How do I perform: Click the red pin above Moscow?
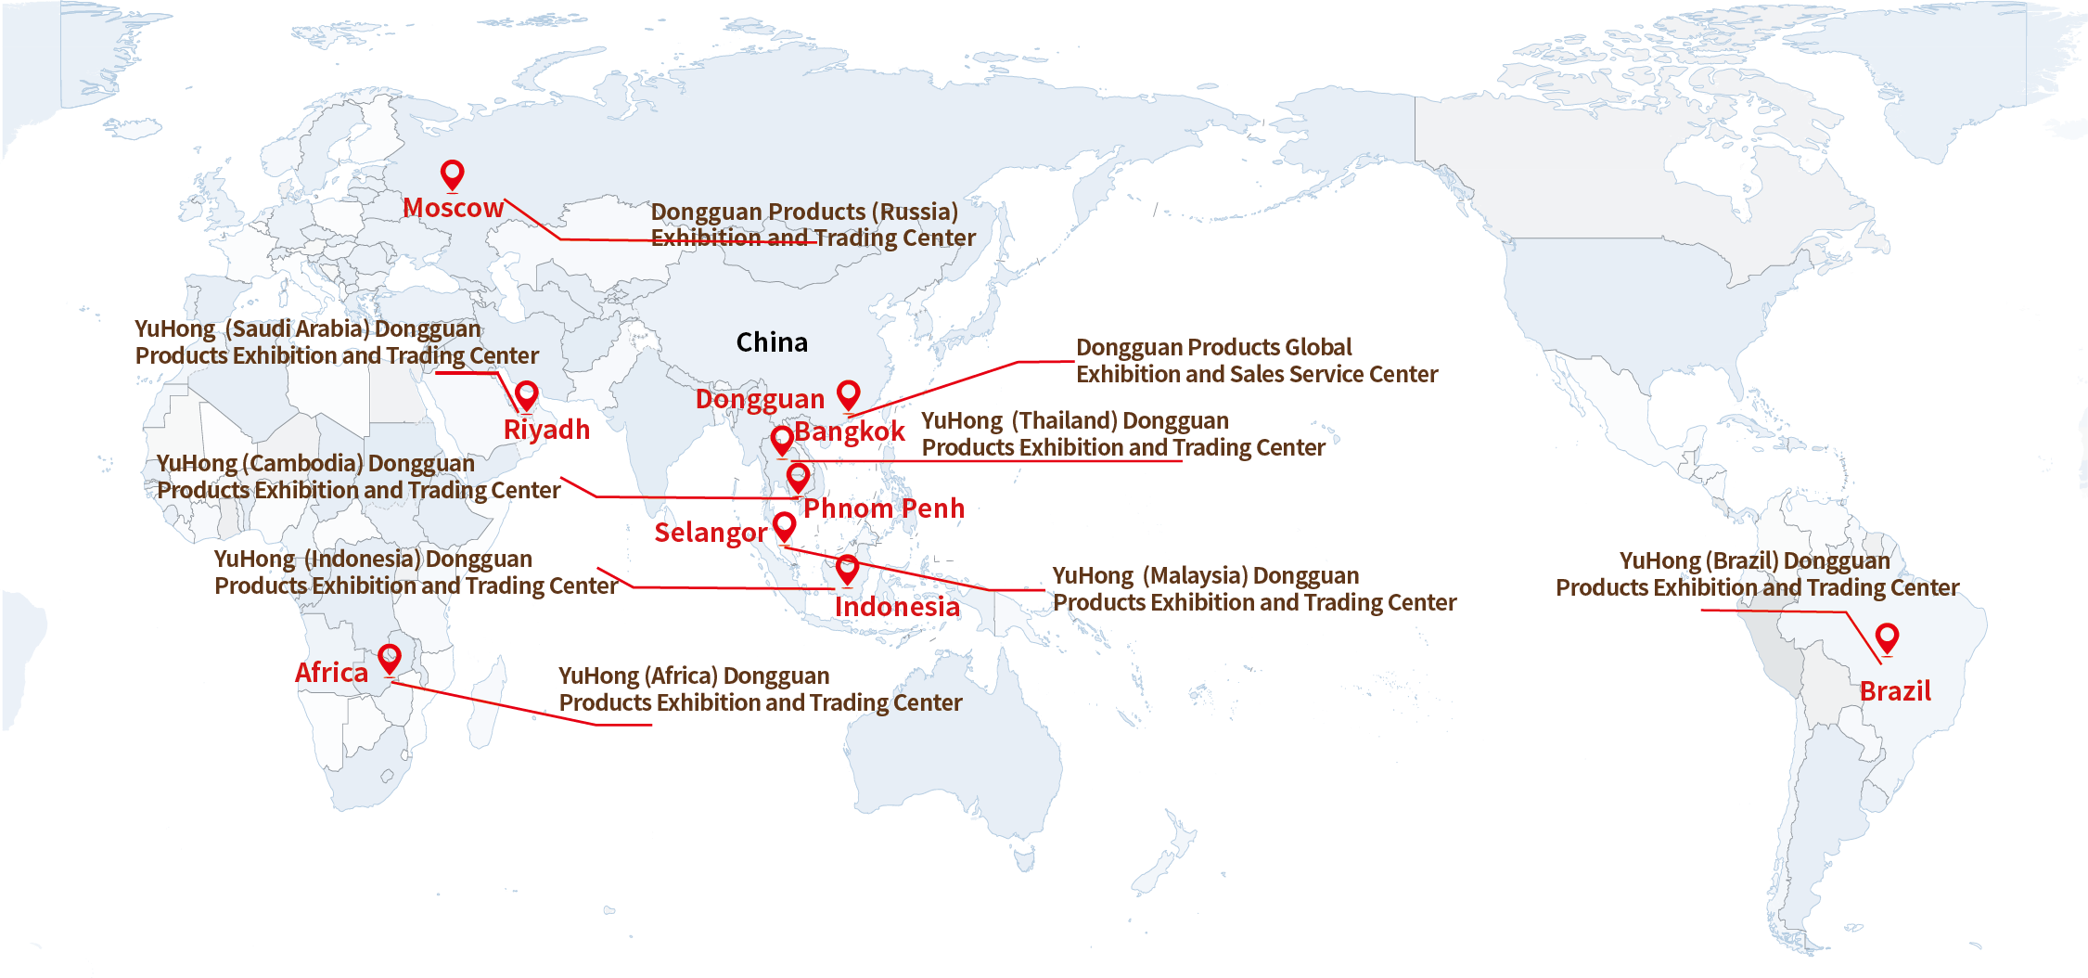pyautogui.click(x=452, y=174)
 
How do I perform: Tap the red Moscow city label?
pyautogui.click(x=453, y=208)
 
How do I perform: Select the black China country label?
pyautogui.click(x=772, y=342)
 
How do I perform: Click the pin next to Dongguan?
pyautogui.click(x=848, y=394)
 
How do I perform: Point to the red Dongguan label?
pyautogui.click(x=760, y=399)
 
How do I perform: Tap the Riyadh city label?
pyautogui.click(x=546, y=430)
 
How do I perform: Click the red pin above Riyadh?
pyautogui.click(x=526, y=395)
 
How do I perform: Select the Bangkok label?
pyautogui.click(x=850, y=431)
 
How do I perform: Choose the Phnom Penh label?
pyautogui.click(x=884, y=508)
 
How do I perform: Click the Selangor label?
pyautogui.click(x=711, y=533)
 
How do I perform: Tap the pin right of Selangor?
pyautogui.click(x=785, y=526)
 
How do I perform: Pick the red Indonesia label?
pyautogui.click(x=897, y=607)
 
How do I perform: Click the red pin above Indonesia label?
pyautogui.click(x=847, y=568)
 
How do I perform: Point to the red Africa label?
pyautogui.click(x=331, y=673)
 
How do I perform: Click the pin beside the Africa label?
pyautogui.click(x=390, y=659)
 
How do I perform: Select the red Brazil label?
pyautogui.click(x=1895, y=691)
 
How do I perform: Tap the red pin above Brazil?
pyautogui.click(x=1887, y=637)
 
